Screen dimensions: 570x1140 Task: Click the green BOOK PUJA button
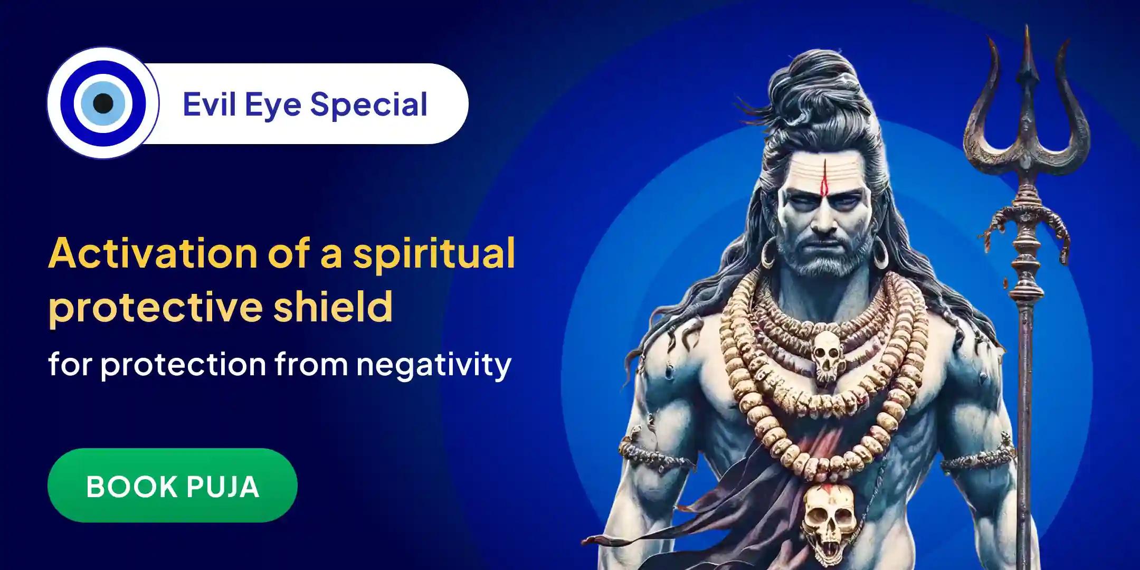point(173,486)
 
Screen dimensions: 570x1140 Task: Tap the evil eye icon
point(103,103)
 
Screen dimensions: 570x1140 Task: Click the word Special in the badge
point(369,104)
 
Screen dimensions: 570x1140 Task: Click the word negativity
point(433,364)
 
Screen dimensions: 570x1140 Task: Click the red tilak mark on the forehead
point(824,179)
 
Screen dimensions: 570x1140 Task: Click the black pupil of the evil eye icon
point(103,103)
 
